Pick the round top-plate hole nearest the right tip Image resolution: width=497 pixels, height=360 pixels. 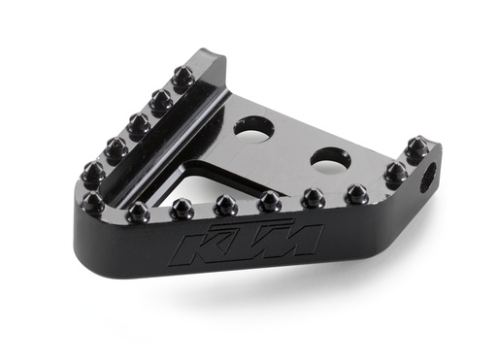tap(330, 154)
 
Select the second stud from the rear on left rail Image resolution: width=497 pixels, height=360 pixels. tap(161, 99)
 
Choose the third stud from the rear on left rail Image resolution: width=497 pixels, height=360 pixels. tap(139, 123)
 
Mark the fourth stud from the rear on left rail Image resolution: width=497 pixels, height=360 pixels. tap(116, 148)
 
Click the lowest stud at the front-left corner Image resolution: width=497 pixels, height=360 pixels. tap(94, 203)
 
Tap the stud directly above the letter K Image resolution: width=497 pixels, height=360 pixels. tap(182, 208)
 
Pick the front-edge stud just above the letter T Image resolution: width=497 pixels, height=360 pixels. tap(226, 205)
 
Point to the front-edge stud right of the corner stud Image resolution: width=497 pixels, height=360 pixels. tap(137, 210)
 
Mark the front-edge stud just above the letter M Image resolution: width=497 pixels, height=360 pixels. tap(270, 202)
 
